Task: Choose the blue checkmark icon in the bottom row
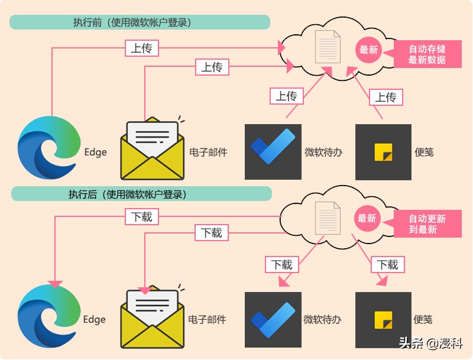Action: coord(273,320)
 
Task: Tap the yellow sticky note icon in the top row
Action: coord(383,152)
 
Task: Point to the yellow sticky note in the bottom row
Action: coord(383,320)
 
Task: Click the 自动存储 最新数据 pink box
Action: coord(427,54)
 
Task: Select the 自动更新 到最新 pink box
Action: coord(427,223)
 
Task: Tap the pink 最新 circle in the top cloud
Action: coord(368,50)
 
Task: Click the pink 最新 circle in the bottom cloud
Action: coord(367,218)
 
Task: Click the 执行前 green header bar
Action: coord(140,22)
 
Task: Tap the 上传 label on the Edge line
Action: coord(142,48)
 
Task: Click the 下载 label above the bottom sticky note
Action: coord(388,264)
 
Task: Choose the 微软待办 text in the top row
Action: coord(323,153)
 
